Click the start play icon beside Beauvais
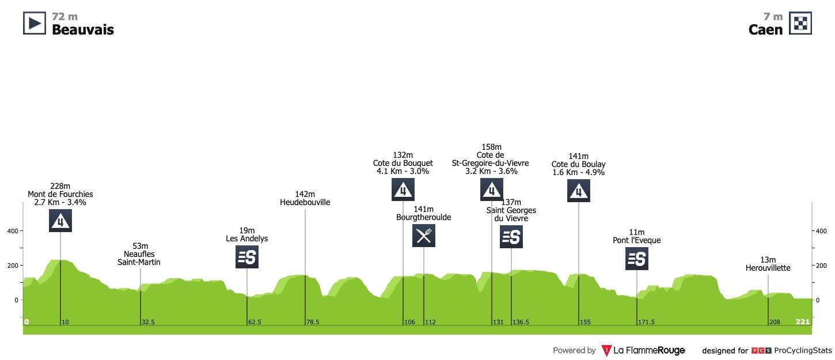34,23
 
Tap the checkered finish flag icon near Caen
800,23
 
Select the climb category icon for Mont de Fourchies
60,221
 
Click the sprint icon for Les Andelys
247,257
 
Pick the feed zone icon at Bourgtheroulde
424,236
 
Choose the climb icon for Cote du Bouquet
403,190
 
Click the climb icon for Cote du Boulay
578,190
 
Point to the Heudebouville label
305,202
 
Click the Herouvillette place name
768,268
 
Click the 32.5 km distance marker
147,322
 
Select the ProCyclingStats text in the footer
803,350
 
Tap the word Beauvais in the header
83,30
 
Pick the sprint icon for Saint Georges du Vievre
511,237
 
